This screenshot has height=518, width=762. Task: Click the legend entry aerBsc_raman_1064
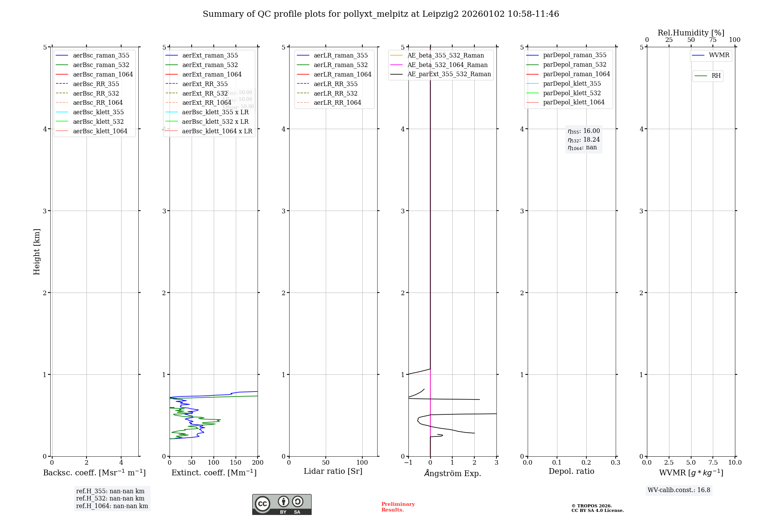coord(103,74)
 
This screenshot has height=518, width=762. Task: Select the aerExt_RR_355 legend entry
coord(205,84)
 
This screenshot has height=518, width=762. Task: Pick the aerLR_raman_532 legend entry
coord(341,65)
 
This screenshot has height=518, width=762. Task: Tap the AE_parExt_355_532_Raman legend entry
coord(449,74)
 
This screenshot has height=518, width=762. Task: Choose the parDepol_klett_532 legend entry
coord(571,93)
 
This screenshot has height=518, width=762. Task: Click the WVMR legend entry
coord(719,55)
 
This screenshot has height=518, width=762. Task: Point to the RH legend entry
coord(716,76)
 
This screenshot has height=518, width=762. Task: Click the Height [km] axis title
coord(37,252)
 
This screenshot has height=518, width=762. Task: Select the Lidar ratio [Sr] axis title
coord(333,471)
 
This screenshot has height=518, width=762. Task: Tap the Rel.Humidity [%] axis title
coord(691,33)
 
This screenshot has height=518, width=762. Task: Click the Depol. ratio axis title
coord(571,471)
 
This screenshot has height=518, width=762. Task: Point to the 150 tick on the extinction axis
coord(235,463)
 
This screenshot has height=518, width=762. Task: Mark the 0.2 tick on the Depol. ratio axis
coord(586,463)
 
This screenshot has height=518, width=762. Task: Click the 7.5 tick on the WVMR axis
coord(713,463)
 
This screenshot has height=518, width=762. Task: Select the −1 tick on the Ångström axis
coord(408,463)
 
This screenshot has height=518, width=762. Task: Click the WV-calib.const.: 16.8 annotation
coord(679,490)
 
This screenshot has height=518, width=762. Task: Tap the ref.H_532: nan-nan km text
coord(110,499)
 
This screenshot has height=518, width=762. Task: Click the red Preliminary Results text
coord(398,507)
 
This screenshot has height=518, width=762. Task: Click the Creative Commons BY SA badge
coord(282,505)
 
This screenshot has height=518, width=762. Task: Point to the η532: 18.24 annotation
coord(584,140)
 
